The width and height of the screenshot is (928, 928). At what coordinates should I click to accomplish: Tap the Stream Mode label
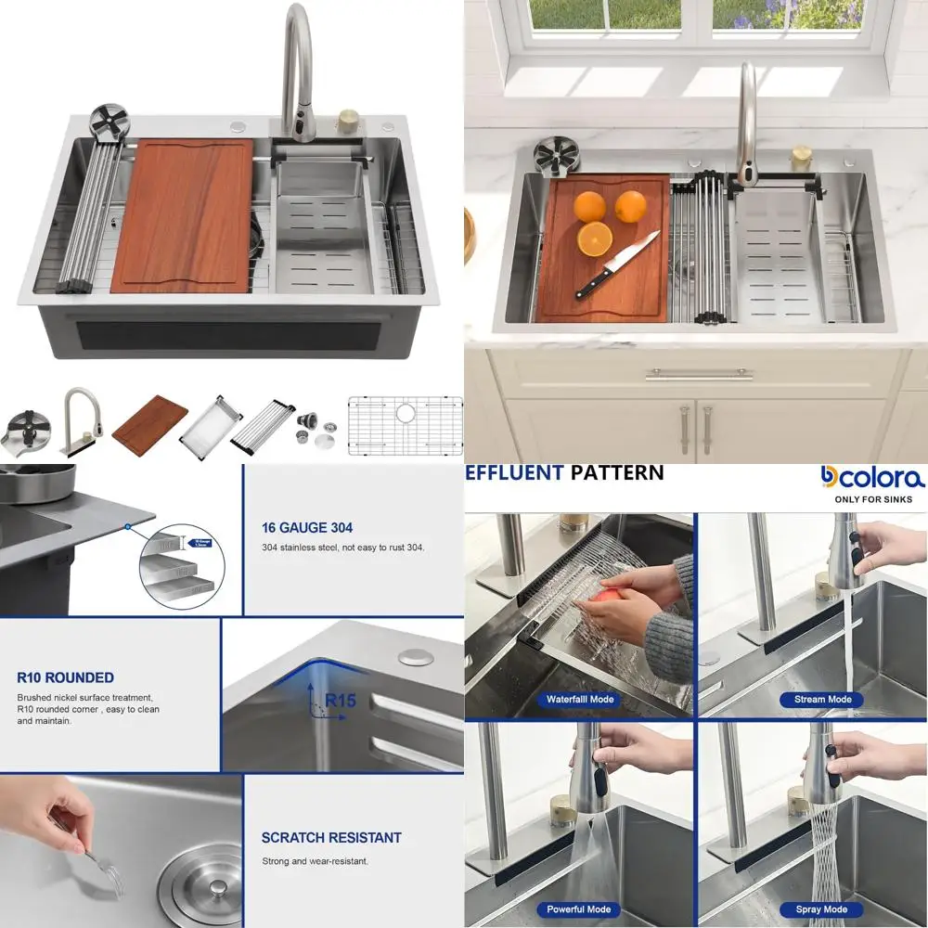tap(822, 700)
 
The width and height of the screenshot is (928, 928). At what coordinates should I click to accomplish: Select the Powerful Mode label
tap(579, 909)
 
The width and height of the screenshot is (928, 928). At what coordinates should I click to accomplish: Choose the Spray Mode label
tap(821, 909)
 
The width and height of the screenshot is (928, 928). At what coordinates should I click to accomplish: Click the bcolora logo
tap(872, 478)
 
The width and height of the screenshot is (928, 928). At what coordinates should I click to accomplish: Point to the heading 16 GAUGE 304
tap(306, 528)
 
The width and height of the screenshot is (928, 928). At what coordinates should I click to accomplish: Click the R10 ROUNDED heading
tap(65, 677)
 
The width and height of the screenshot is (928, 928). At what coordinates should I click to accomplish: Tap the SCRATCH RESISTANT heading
tap(331, 837)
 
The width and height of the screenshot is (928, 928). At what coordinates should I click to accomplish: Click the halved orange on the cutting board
tap(594, 239)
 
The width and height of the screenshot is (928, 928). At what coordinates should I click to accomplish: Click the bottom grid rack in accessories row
tap(405, 426)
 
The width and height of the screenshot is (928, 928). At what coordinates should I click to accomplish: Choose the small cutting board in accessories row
tap(149, 419)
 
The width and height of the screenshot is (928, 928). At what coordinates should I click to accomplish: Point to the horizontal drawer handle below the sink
tap(699, 374)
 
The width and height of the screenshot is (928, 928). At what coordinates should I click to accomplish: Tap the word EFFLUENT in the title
tap(514, 472)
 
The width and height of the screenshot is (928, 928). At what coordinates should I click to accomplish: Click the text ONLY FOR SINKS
tap(873, 499)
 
